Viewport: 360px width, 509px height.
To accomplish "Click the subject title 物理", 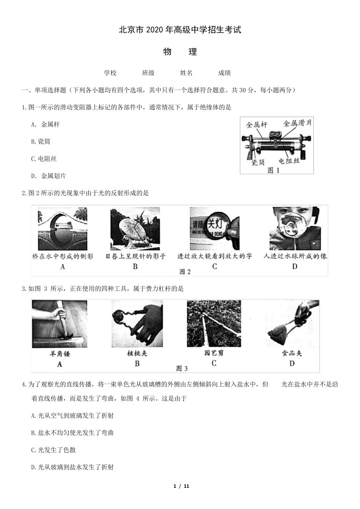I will [x=180, y=52].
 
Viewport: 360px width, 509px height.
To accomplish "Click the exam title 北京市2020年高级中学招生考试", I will [x=180, y=30].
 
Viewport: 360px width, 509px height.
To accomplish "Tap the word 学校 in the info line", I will [x=110, y=73].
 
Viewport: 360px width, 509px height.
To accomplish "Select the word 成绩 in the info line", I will [x=224, y=73].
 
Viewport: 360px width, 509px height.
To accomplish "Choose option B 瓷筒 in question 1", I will [x=41, y=142].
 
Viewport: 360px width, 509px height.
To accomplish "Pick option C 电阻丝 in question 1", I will [x=44, y=159].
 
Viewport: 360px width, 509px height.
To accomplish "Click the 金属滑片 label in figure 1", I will [x=297, y=123].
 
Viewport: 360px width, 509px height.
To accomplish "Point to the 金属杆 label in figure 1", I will [x=257, y=124].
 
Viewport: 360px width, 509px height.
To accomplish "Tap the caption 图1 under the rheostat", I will [x=273, y=170].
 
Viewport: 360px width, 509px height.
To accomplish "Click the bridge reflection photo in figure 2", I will [x=62, y=229].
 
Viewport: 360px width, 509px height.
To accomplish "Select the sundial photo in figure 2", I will [x=135, y=229].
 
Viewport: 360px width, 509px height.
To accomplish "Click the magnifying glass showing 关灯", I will [x=214, y=229].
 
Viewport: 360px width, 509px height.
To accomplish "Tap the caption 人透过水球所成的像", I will [x=295, y=256].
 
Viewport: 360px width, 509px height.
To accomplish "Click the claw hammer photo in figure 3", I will [x=59, y=324].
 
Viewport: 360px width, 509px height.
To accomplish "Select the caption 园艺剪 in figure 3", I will [x=214, y=353].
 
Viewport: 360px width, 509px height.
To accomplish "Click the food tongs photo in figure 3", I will [x=292, y=324].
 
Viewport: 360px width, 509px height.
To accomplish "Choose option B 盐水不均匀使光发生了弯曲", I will [x=72, y=433].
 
